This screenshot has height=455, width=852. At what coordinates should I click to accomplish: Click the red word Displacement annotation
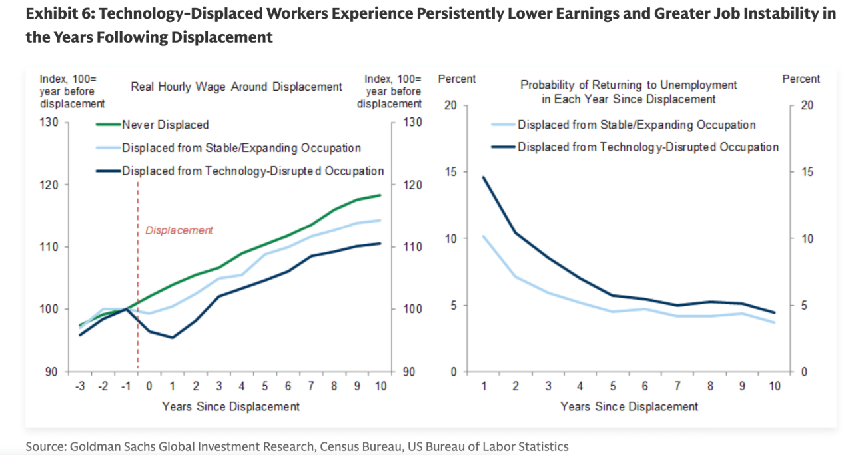coord(179,230)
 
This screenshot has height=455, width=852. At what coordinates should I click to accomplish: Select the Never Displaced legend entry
coord(165,125)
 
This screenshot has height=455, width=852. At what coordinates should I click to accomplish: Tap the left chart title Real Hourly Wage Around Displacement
coord(236,87)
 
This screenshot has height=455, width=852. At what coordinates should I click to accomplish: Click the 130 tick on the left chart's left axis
coord(52,122)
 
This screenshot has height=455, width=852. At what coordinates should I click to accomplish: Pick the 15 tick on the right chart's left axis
coord(451,172)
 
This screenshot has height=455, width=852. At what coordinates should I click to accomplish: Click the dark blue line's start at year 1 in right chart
coord(484,177)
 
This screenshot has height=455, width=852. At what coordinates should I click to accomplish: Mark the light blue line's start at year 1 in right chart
coord(484,236)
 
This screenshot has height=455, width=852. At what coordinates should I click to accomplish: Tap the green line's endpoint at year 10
coord(380,195)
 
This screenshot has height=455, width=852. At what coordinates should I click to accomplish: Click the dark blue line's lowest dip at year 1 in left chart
coord(173,338)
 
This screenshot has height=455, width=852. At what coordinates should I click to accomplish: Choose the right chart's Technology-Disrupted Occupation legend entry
coord(647,147)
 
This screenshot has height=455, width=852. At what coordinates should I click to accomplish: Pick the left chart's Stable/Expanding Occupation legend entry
coord(241,148)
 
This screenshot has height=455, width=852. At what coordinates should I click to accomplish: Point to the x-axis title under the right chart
coord(629,406)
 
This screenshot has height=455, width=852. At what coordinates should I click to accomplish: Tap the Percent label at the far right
coord(801,79)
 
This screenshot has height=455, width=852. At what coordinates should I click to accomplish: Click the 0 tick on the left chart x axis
coord(149,387)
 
